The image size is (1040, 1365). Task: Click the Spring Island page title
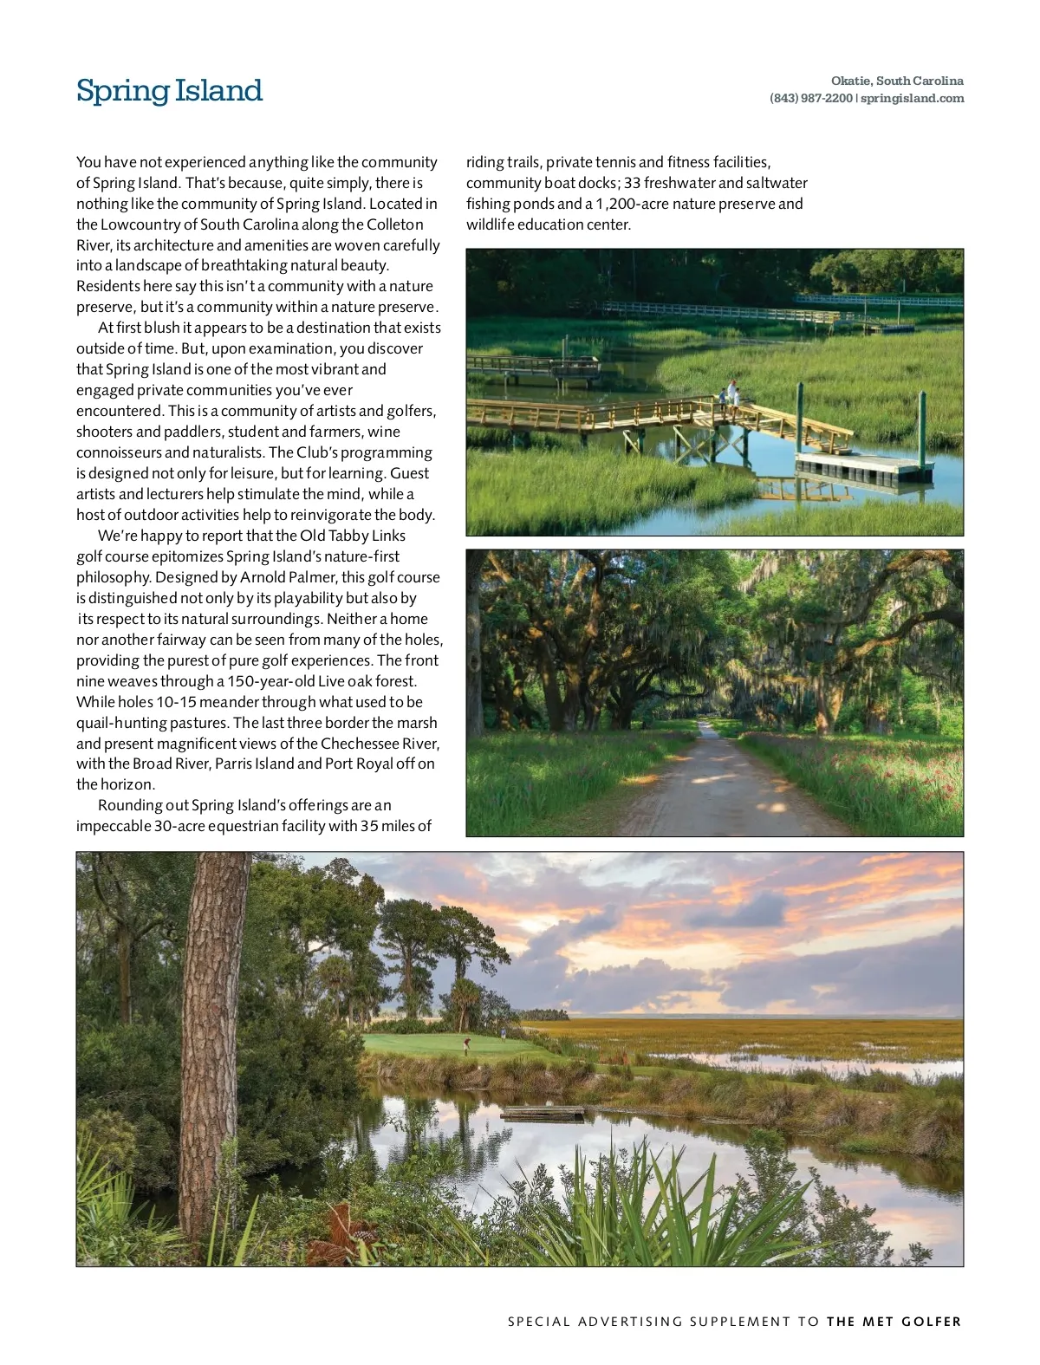tap(169, 90)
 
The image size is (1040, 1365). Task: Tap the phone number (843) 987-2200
tap(810, 98)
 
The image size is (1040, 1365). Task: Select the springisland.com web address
tap(913, 98)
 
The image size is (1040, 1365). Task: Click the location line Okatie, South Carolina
tap(897, 81)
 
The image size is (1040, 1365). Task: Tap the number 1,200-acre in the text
tap(631, 204)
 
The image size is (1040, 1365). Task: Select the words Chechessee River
tap(380, 744)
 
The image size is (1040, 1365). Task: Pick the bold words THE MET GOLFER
tap(894, 1322)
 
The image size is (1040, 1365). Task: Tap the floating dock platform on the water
tap(863, 468)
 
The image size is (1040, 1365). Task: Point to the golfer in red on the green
tap(467, 1045)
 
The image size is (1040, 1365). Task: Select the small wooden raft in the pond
tap(543, 1112)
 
